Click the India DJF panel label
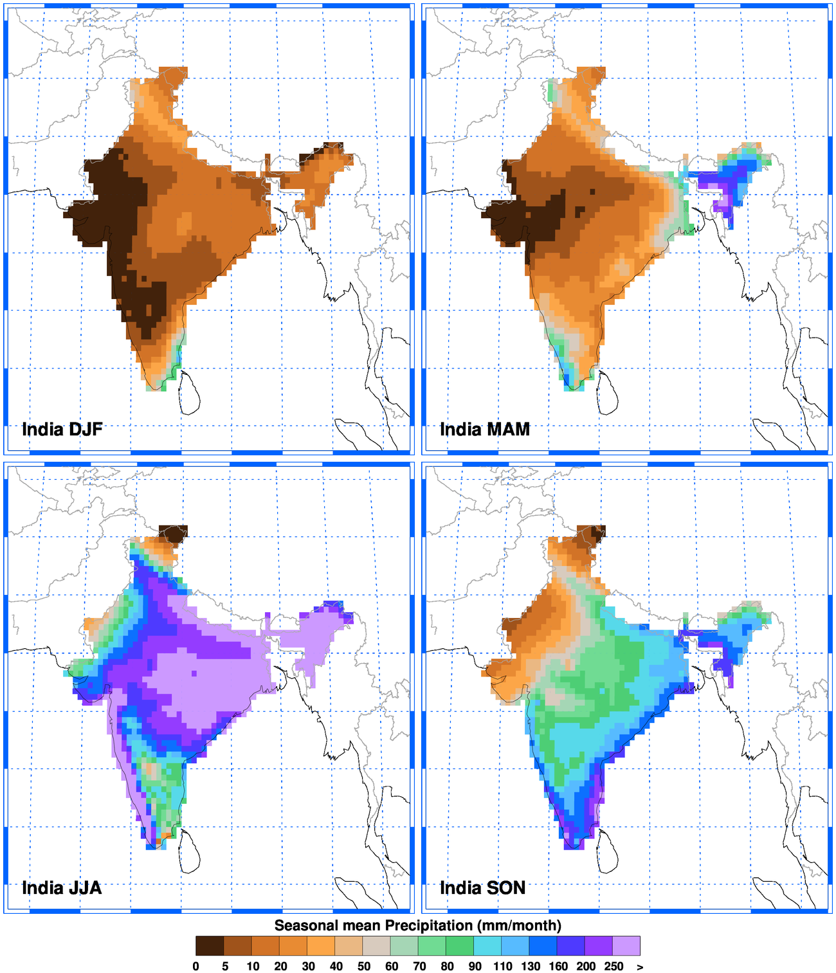pyautogui.click(x=62, y=429)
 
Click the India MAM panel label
pyautogui.click(x=484, y=429)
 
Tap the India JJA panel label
pyautogui.click(x=62, y=888)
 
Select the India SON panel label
pyautogui.click(x=482, y=888)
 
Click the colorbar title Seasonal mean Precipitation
pyautogui.click(x=417, y=925)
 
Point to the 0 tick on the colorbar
pyautogui.click(x=196, y=966)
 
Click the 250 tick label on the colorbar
pyautogui.click(x=613, y=966)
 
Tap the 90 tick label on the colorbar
pyautogui.click(x=475, y=966)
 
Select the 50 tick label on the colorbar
pyautogui.click(x=364, y=966)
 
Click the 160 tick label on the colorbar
pyautogui.click(x=558, y=966)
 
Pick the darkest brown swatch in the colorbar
pyautogui.click(x=210, y=945)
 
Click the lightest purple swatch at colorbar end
pyautogui.click(x=626, y=945)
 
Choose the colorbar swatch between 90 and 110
pyautogui.click(x=488, y=945)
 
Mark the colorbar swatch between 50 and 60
pyautogui.click(x=377, y=945)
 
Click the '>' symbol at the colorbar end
pyautogui.click(x=640, y=966)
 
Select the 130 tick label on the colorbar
pyautogui.click(x=531, y=966)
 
